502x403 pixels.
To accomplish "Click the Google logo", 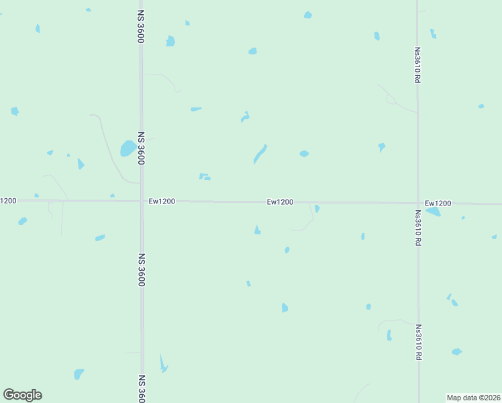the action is tap(22, 395).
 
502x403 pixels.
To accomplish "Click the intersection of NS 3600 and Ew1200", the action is tap(142, 201).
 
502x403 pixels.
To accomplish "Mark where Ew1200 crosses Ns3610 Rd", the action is tap(418, 203).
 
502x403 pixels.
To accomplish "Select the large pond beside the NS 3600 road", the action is tap(128, 148).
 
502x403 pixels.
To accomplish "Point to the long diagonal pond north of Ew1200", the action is tap(260, 154).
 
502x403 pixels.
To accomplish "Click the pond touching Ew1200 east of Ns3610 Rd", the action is tap(433, 212).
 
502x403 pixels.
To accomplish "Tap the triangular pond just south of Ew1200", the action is tap(257, 230).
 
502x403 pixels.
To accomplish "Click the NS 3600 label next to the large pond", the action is tap(142, 148).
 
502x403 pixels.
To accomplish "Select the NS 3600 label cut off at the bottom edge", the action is tap(142, 388).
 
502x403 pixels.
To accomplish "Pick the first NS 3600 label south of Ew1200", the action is tap(142, 269).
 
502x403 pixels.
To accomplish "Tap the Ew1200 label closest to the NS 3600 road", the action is tap(162, 201).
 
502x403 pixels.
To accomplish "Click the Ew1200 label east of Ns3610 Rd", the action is tap(438, 203).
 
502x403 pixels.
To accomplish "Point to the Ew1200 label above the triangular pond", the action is tap(280, 201).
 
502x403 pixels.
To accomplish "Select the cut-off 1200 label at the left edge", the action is tap(8, 200).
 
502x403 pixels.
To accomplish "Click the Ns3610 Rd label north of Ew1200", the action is tap(417, 64).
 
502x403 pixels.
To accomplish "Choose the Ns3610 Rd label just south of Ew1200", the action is tap(417, 228).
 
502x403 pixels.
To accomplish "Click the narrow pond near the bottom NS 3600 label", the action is tap(162, 364).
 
